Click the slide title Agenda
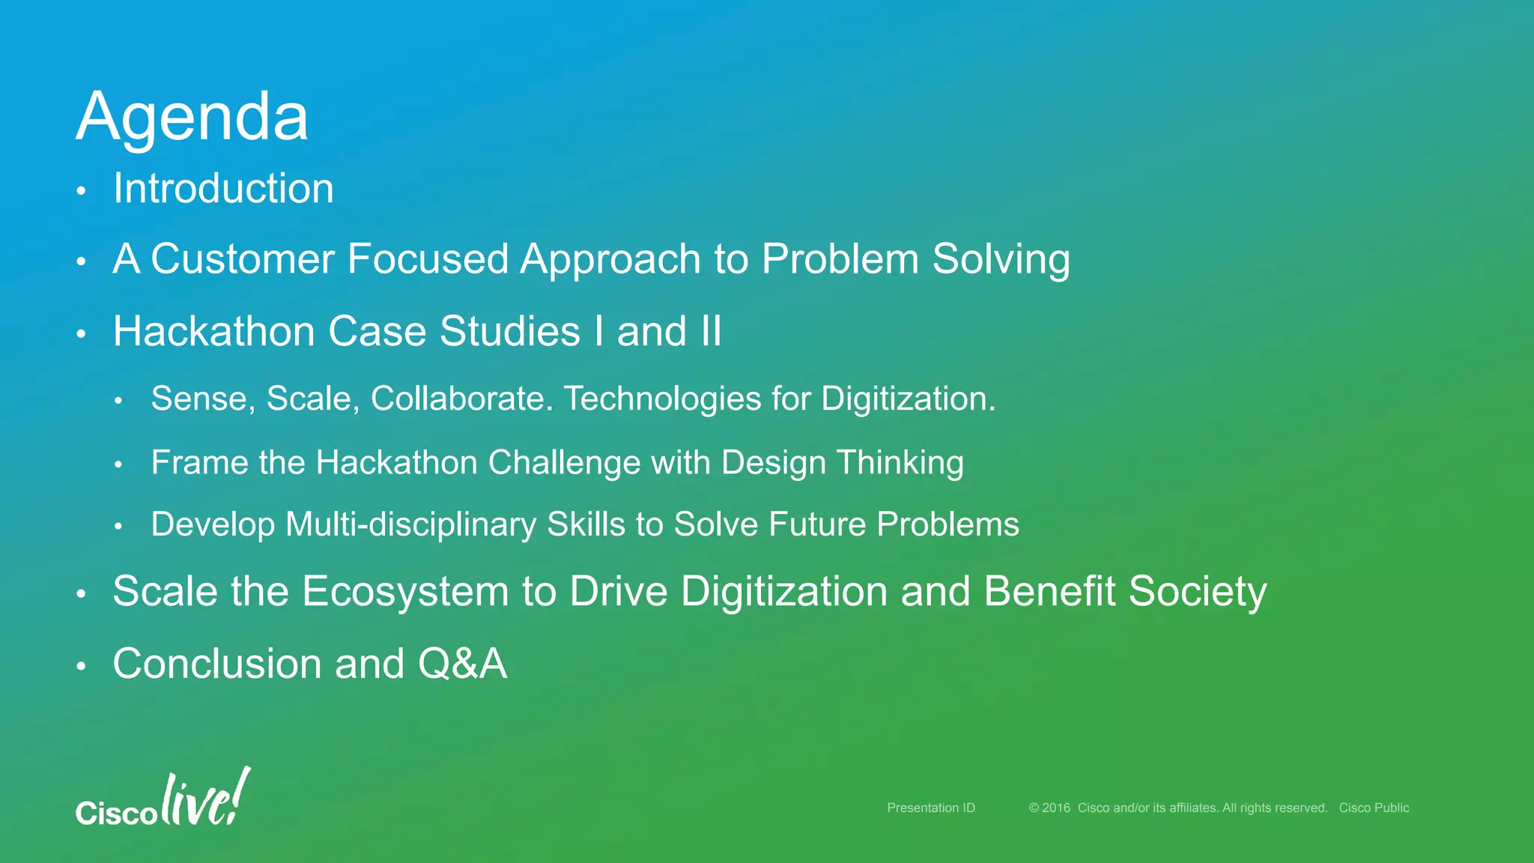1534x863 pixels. [192, 117]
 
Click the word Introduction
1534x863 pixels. [223, 188]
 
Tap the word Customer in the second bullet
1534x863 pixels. [242, 259]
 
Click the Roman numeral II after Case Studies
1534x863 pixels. [711, 331]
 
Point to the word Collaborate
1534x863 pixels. [461, 399]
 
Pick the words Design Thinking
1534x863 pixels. [842, 463]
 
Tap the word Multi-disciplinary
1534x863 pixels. [410, 524]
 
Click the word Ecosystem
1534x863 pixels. [405, 591]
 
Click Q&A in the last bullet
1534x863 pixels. [462, 664]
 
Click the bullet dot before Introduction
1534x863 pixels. [82, 191]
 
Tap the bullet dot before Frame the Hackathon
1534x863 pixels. [118, 465]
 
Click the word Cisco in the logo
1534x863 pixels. [116, 813]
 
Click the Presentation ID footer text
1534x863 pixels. [930, 808]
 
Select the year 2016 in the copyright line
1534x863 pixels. [1055, 808]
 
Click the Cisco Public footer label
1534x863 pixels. [1374, 808]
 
